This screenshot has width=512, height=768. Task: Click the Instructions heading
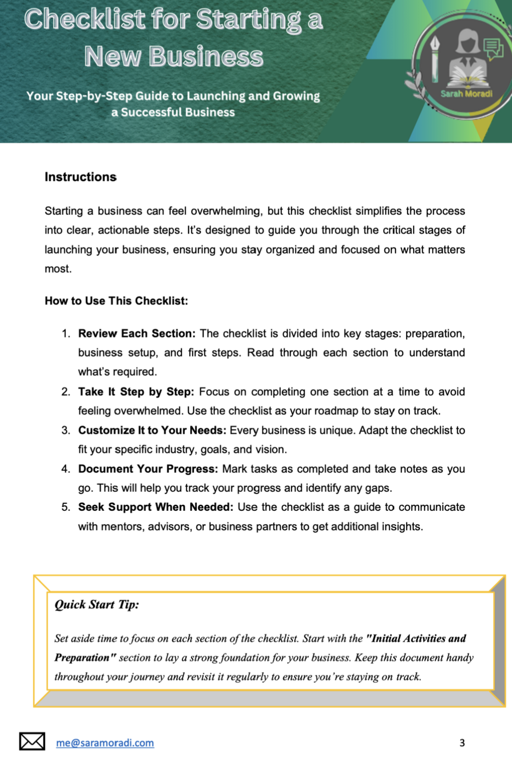point(80,177)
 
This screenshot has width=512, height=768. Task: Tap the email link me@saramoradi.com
point(105,743)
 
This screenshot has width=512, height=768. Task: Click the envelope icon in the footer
point(32,742)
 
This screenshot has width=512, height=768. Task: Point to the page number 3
point(462,743)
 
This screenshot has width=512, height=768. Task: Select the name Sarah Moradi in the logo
point(466,94)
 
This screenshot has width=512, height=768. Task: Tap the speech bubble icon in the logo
point(493,49)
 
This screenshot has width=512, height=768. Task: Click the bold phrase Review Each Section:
point(137,334)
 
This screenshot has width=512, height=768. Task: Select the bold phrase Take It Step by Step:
point(136,392)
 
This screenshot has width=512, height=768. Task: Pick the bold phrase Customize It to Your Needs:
point(152,430)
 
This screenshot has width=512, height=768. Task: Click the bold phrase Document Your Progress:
point(148,469)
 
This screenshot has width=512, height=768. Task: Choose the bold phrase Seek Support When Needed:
point(155,507)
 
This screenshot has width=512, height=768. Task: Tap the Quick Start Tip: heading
point(97,605)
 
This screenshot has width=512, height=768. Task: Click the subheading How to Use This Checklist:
point(116,301)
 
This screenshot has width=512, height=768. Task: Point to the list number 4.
point(66,469)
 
